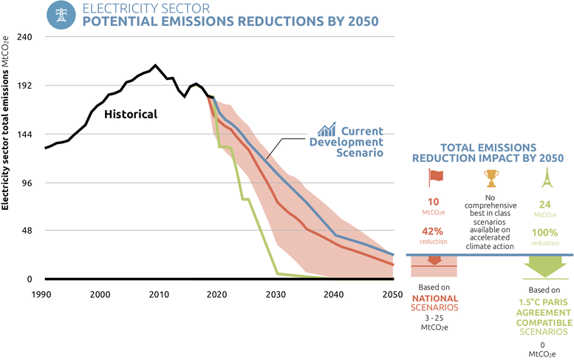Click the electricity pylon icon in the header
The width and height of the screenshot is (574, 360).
click(60, 15)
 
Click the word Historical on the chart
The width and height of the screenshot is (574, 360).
click(131, 115)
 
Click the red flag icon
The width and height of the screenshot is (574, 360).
click(433, 178)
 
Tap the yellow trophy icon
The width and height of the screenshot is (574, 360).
click(491, 178)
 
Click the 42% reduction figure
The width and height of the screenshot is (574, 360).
click(433, 231)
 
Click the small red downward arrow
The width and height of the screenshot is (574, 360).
click(434, 260)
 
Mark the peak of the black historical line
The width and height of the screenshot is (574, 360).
click(155, 66)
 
